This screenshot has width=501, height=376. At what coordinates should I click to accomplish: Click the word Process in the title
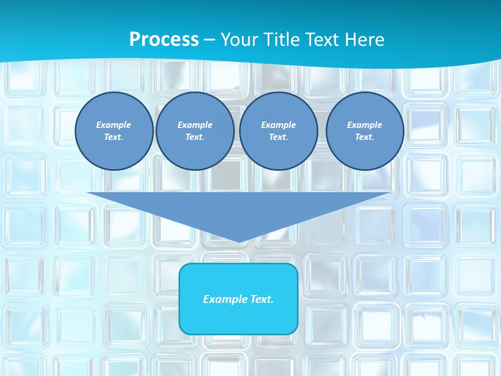click(x=164, y=40)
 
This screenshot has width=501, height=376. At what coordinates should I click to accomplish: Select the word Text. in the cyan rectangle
click(x=261, y=299)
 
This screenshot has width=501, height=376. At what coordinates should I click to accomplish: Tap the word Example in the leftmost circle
click(x=114, y=125)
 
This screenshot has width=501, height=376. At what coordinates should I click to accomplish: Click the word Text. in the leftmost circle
click(x=114, y=137)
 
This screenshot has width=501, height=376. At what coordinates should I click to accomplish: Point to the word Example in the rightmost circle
click(x=365, y=125)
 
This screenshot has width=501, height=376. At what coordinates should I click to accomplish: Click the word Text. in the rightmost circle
click(x=365, y=137)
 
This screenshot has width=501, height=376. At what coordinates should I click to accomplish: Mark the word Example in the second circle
click(x=195, y=125)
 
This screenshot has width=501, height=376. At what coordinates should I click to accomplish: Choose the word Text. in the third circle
click(x=278, y=137)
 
